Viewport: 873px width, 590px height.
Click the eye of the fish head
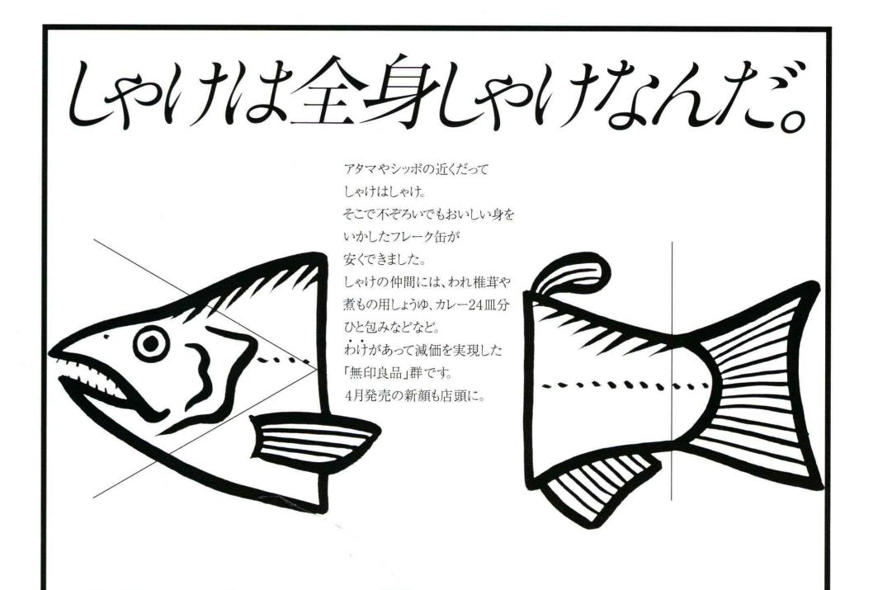coord(150,343)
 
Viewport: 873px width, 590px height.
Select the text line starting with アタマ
coord(416,168)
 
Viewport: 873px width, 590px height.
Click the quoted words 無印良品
coord(384,371)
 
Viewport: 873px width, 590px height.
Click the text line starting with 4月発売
coord(415,395)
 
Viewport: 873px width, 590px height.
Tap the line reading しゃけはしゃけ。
coord(385,191)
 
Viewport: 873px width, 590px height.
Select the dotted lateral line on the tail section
coord(625,384)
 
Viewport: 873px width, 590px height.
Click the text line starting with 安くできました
coord(385,259)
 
